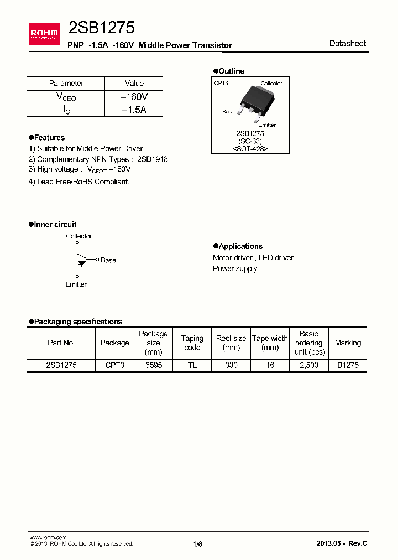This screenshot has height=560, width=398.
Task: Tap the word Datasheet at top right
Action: (347, 43)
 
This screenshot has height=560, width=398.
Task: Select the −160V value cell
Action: (134, 97)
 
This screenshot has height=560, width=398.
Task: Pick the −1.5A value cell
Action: (134, 110)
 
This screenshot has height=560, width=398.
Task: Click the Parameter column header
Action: (66, 83)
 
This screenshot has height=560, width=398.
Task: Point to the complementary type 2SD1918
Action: (153, 159)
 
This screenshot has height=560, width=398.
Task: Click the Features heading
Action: (49, 137)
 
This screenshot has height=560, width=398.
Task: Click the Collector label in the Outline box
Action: (271, 84)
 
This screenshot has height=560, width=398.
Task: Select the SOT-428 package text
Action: (250, 149)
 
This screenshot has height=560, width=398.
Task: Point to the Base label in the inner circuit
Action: (108, 260)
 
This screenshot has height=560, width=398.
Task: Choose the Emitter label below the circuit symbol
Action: (76, 284)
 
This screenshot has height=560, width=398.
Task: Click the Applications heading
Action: (240, 246)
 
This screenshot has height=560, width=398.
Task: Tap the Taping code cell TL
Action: (192, 366)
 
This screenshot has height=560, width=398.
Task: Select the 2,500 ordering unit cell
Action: (308, 366)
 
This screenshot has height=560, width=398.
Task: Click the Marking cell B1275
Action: (348, 366)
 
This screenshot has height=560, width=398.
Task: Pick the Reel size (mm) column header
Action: (231, 343)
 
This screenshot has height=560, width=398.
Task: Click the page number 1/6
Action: (198, 544)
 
